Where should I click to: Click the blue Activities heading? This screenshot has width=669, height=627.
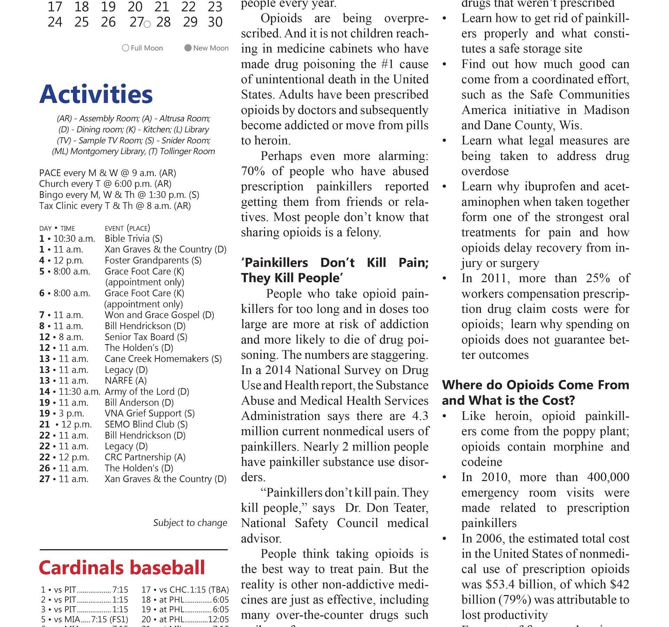(x=96, y=94)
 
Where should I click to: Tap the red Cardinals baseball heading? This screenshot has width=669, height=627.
(x=122, y=568)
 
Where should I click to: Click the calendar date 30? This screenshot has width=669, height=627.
(x=215, y=22)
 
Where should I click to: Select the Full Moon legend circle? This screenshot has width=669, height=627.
(x=125, y=48)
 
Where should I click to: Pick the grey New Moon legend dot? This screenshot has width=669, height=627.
(x=188, y=48)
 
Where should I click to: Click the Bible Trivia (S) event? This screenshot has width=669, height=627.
(x=133, y=239)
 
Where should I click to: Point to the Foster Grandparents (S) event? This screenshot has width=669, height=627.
(x=153, y=261)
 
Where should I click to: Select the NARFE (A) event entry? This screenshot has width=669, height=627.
(x=125, y=381)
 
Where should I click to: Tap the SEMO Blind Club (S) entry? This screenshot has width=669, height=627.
(x=146, y=425)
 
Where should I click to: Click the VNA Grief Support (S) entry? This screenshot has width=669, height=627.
(x=149, y=413)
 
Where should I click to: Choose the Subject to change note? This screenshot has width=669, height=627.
(x=190, y=523)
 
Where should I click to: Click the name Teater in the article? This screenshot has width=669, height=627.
(x=411, y=508)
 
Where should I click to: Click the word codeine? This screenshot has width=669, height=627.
(x=482, y=462)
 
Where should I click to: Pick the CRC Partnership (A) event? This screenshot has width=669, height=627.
(x=145, y=457)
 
